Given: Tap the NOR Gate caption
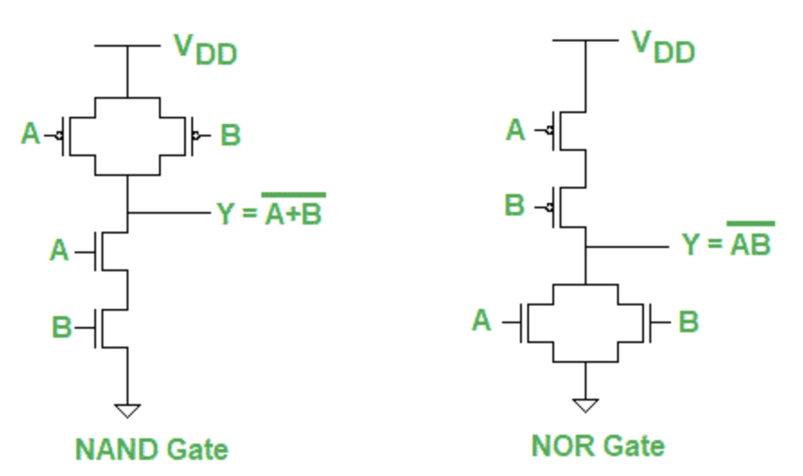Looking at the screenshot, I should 597,445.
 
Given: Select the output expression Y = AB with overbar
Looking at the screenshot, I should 728,242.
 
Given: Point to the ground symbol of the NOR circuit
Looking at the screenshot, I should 586,405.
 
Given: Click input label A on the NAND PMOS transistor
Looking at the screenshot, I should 31,135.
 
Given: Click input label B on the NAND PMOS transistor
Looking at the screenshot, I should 230,136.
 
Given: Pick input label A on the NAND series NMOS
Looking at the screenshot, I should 58,250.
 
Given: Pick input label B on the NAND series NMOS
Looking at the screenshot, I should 60,326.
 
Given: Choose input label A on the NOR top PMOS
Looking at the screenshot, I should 515,130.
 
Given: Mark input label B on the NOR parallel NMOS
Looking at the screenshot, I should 688,321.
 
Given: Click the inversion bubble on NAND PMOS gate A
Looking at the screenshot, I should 58,136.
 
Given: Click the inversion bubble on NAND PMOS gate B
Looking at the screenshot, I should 196,136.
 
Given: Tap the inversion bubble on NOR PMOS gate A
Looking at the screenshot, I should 550,131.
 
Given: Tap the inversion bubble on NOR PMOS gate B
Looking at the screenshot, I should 550,207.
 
